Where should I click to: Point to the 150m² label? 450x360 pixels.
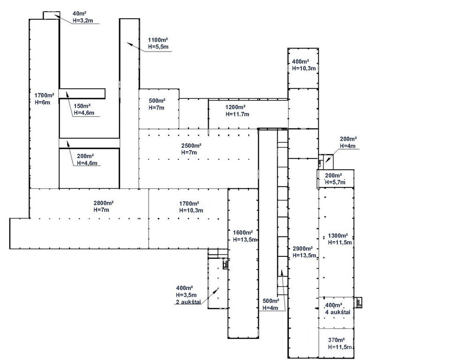point(82,106)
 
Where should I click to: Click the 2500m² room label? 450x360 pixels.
point(191,145)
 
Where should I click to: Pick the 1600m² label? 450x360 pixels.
point(243,232)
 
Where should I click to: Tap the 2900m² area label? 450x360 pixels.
point(303,248)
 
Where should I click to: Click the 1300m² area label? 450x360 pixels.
point(337,236)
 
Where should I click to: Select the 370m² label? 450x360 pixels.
point(337,340)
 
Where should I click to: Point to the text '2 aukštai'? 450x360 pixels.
point(188,302)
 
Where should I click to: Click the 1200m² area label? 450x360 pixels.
point(236,107)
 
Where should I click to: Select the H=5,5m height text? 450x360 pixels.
point(158,47)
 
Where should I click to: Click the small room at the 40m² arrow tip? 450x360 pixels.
point(51,15)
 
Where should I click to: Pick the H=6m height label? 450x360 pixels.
point(42,102)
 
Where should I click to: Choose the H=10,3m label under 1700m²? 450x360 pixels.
point(191,210)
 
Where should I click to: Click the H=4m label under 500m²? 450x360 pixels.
point(271,308)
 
